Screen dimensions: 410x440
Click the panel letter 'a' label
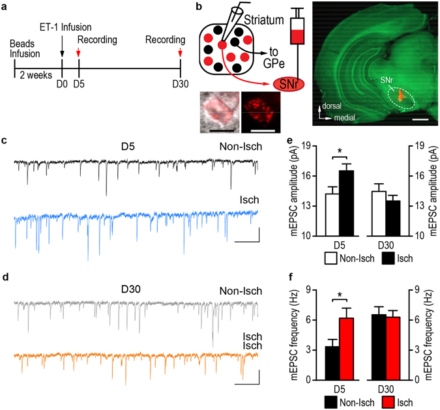[6, 8]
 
